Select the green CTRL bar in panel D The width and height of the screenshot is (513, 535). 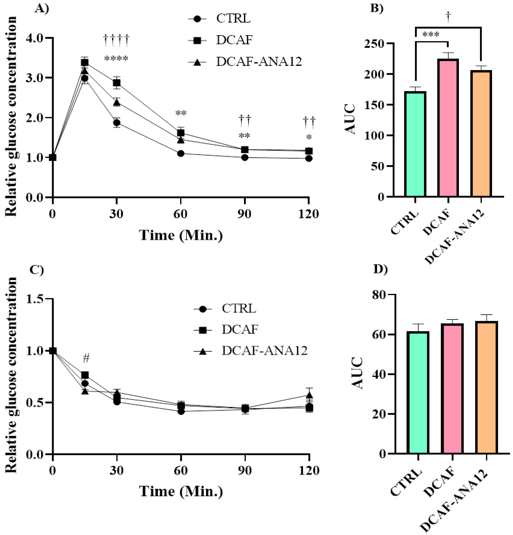(418, 393)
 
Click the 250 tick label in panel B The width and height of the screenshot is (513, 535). (374, 44)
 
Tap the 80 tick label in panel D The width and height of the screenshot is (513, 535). (379, 295)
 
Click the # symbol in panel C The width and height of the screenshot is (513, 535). (86, 358)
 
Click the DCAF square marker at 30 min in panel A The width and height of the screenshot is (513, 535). (117, 83)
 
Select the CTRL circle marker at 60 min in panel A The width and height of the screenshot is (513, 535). (180, 153)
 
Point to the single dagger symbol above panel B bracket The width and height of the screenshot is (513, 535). (448, 17)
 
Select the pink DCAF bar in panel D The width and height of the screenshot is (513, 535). (452, 389)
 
